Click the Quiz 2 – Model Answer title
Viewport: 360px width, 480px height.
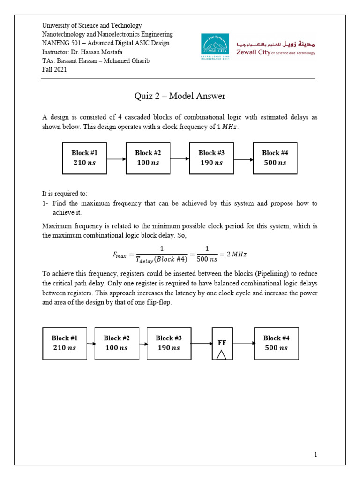coord(180,96)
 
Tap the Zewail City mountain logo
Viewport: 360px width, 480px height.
coord(215,47)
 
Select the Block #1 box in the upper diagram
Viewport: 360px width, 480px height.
coord(85,158)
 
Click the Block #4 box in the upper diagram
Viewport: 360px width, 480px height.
coord(275,158)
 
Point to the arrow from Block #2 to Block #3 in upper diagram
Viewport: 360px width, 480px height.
coord(180,159)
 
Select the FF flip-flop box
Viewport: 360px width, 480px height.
coord(222,344)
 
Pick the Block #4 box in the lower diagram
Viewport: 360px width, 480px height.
coord(276,343)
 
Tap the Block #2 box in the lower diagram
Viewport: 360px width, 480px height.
coord(117,343)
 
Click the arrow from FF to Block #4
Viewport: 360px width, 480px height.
coord(243,343)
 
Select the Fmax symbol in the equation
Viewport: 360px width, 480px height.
coord(120,255)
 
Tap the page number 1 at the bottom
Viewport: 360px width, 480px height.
coord(316,454)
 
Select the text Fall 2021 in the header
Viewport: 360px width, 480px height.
coord(54,70)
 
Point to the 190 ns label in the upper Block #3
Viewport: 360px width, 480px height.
coord(211,163)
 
